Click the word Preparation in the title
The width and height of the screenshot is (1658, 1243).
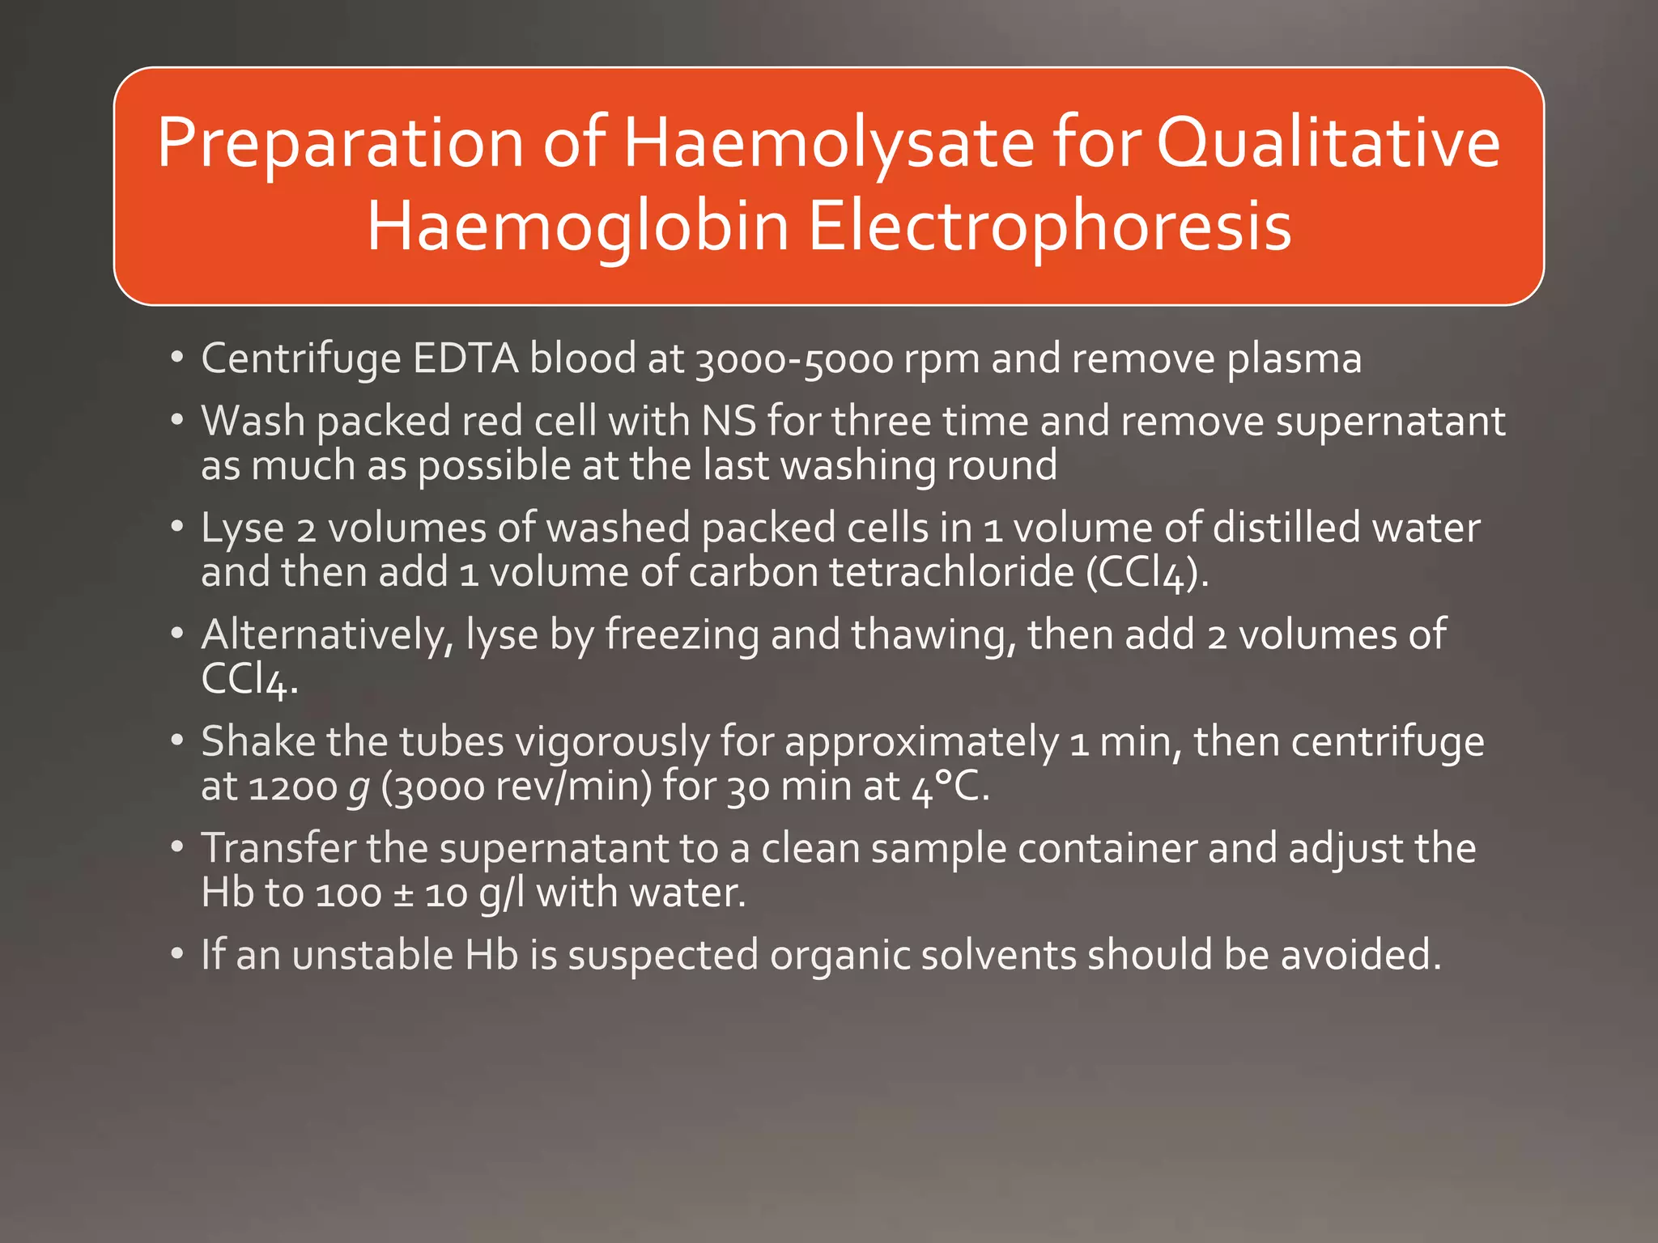[341, 143]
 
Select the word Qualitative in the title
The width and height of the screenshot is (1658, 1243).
[1328, 143]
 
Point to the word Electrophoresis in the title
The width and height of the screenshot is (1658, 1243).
[1049, 227]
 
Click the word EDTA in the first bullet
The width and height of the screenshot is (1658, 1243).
[466, 358]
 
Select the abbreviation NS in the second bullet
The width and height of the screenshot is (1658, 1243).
[729, 422]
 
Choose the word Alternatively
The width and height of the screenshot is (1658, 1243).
[327, 635]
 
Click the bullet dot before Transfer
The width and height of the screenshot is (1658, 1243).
[177, 846]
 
